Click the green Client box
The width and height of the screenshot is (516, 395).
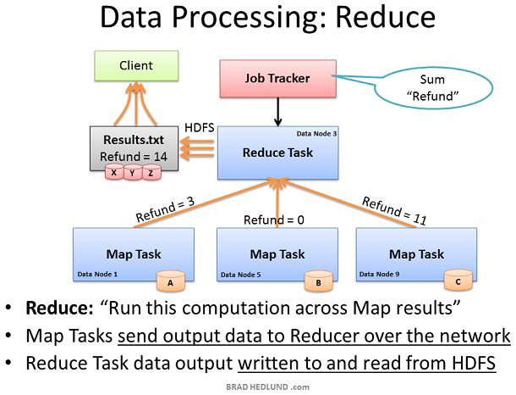136,65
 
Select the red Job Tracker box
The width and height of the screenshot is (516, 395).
278,79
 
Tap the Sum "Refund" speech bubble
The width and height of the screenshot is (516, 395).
433,88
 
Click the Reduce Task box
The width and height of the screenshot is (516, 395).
277,153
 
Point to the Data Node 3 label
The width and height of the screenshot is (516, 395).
316,134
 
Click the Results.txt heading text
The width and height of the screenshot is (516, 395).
134,140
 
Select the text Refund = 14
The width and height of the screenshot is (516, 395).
134,157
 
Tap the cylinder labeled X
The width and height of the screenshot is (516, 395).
114,172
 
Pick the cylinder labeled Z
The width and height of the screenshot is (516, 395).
151,172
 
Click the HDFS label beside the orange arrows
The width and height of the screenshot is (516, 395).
200,128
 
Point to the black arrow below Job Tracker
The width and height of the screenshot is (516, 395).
278,112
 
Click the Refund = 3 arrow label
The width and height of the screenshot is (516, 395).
165,209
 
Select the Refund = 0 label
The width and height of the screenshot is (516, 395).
274,220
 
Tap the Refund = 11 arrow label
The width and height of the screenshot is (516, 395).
394,211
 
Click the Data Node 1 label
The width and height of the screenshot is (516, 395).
97,274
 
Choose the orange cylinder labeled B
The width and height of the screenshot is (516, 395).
319,281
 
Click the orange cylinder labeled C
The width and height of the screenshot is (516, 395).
458,281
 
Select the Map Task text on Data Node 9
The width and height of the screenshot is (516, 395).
417,254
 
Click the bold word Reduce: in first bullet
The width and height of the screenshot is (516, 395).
59,308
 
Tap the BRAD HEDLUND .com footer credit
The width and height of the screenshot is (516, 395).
267,387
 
